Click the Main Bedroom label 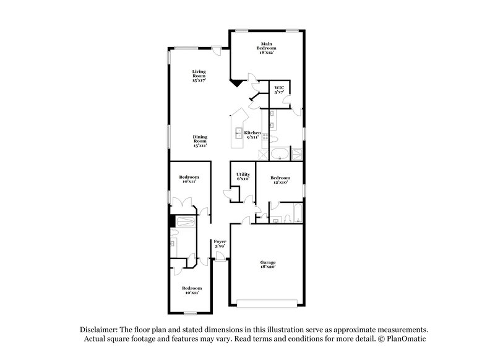click(267, 48)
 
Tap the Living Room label click(198, 75)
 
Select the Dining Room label click(199, 141)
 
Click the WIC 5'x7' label click(280, 90)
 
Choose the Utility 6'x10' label click(243, 176)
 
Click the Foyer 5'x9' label click(220, 244)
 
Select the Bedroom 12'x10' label click(280, 179)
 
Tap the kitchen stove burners click(265, 137)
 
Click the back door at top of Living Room click(217, 52)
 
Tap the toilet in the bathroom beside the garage click(277, 218)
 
